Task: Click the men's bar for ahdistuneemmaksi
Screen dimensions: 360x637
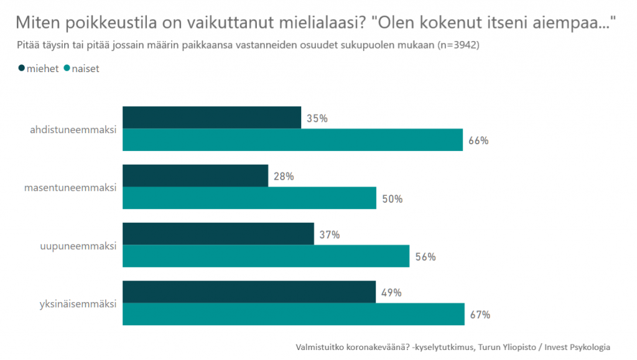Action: coord(212,118)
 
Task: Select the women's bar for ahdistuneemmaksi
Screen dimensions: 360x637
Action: coord(292,140)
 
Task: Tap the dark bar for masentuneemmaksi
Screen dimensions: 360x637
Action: coord(195,176)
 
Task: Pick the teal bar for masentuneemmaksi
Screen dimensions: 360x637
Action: coord(249,198)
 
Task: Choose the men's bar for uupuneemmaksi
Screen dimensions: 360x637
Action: coord(218,234)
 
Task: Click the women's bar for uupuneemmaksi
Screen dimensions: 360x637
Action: coord(266,256)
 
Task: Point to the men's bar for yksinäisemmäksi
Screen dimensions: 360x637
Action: coord(249,292)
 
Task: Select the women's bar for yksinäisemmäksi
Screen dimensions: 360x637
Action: coord(293,314)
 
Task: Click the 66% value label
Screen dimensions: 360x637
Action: coord(479,141)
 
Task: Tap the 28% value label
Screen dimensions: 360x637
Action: coord(284,177)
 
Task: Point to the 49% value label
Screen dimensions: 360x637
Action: coord(391,293)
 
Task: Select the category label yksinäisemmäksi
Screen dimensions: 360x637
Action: coord(77,304)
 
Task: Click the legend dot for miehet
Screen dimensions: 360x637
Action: coord(22,68)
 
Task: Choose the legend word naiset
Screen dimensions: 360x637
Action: coord(86,68)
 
